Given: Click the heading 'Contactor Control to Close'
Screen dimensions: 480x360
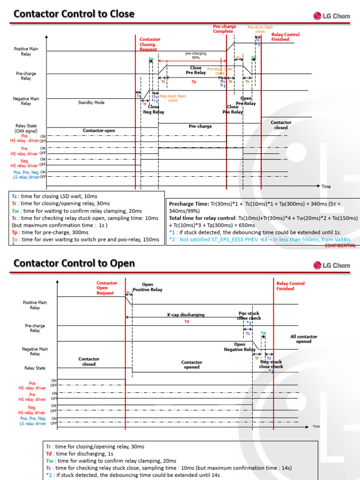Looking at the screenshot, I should point(74,14).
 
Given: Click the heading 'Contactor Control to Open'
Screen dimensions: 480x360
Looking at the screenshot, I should point(74,263).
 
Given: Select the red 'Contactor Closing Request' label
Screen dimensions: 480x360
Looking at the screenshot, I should point(150,44).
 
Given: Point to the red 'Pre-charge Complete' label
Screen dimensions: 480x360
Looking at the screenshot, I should point(223,29).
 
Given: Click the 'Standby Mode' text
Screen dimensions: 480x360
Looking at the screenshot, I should point(91,102).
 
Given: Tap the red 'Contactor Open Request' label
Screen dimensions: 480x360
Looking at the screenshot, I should point(106,288).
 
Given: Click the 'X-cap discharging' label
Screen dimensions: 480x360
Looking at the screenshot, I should point(186,315).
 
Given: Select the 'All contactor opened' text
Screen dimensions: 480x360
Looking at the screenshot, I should point(304,339).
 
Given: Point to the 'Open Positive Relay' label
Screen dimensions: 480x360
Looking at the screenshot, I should point(147,287).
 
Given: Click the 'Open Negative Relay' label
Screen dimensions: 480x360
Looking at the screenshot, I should point(239,347).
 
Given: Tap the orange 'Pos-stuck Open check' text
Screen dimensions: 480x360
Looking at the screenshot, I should point(260,30).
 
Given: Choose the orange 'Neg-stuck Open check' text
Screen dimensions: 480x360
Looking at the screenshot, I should point(172,98).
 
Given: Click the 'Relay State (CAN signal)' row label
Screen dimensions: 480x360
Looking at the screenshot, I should point(26,128).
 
